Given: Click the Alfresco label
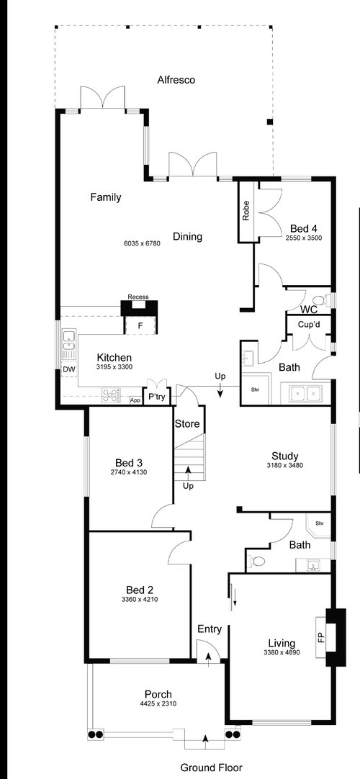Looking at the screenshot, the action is click(176, 79).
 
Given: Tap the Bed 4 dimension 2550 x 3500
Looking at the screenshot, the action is click(304, 238).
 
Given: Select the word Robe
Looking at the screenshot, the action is click(246, 210).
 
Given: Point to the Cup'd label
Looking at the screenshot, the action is click(307, 325).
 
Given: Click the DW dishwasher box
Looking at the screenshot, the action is click(68, 369).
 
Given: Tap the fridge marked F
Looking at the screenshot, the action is click(140, 326).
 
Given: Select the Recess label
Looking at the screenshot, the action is click(138, 297).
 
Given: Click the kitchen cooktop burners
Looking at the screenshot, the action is click(112, 395).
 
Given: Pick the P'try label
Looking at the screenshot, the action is click(157, 397).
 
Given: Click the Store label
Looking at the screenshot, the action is click(187, 424).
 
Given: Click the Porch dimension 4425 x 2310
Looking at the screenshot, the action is click(158, 703).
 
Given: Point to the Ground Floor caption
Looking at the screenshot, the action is click(211, 767).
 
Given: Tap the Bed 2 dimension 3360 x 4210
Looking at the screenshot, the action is click(139, 599).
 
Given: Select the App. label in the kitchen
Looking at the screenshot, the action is click(135, 400).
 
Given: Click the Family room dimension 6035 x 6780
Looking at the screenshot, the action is click(142, 243).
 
